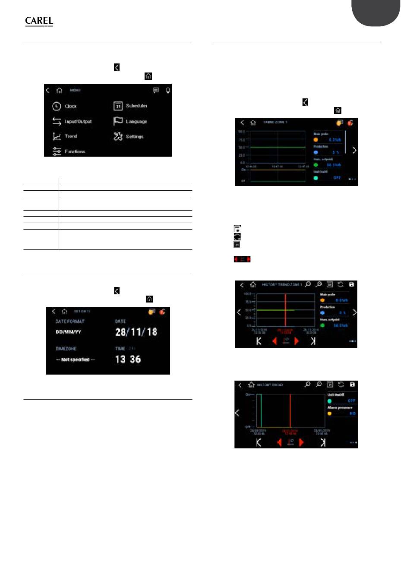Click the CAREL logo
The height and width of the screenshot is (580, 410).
(39, 21)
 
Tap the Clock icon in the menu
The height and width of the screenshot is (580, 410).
(57, 106)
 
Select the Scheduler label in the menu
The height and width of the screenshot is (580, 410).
(136, 106)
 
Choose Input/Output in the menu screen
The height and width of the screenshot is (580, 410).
(78, 121)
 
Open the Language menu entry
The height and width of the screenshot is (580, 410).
(136, 121)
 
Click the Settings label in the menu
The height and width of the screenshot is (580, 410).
(134, 136)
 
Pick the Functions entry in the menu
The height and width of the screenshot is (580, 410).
(74, 151)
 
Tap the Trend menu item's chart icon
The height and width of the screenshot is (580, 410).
(57, 136)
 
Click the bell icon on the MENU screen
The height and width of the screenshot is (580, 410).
(167, 90)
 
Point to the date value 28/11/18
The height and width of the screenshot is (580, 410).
(136, 332)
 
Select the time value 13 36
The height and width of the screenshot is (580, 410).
(128, 359)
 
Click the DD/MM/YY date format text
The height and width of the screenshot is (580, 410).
(69, 332)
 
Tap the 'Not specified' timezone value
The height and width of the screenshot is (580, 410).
(75, 359)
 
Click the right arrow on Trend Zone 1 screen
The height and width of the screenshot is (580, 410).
(354, 150)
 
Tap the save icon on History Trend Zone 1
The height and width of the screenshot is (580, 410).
(352, 285)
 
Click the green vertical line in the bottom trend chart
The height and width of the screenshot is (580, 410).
(261, 410)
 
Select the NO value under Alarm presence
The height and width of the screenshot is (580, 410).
(352, 413)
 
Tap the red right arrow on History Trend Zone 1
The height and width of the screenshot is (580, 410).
(296, 341)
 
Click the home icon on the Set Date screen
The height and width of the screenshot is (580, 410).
(64, 311)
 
